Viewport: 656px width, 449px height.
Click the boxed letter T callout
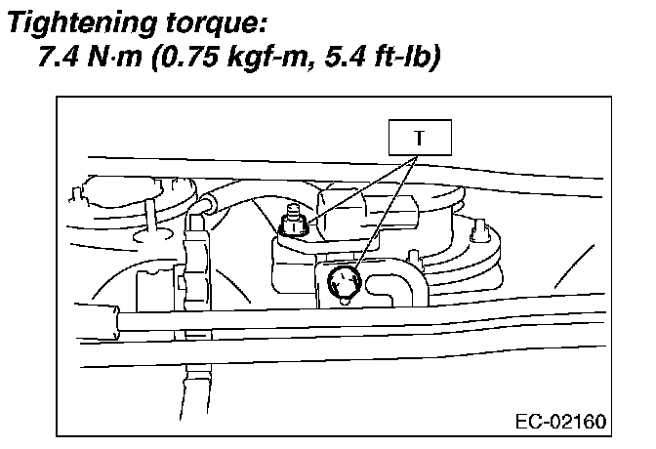pyautogui.click(x=420, y=138)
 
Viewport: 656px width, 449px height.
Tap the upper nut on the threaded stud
pyautogui.click(x=292, y=226)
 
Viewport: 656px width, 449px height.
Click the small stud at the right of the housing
pyautogui.click(x=479, y=230)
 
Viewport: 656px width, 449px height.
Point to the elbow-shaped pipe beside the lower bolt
pyautogui.click(x=400, y=291)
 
